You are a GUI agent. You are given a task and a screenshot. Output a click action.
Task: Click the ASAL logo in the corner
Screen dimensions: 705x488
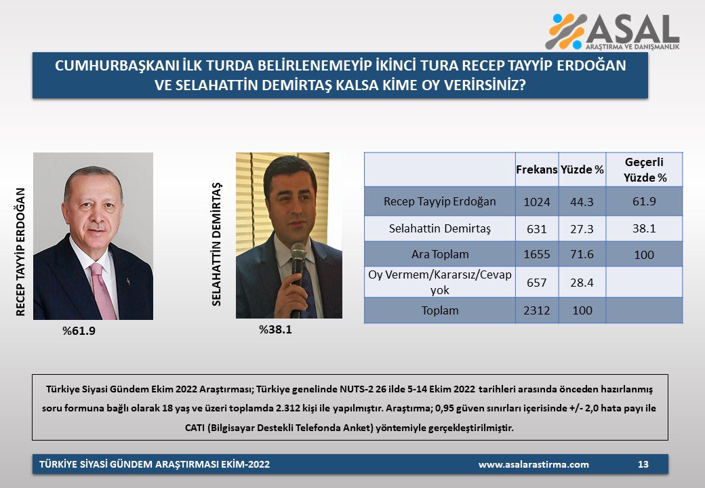612,31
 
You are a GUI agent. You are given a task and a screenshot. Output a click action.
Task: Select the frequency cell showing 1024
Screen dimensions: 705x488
536,202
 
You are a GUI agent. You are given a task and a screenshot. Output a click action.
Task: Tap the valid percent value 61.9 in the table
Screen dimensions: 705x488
644,201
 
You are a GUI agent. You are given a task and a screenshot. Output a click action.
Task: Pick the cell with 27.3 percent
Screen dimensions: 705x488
582,228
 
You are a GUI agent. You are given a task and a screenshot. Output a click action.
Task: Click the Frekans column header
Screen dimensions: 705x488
536,169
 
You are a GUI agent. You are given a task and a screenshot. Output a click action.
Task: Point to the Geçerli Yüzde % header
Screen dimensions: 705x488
644,169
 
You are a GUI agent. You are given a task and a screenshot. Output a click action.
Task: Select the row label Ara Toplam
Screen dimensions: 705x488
440,254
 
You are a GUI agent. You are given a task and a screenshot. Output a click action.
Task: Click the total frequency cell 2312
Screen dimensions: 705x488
536,310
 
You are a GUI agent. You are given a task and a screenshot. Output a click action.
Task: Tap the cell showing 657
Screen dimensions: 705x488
536,283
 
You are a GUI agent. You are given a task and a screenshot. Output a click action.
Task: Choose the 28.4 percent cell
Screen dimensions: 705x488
582,283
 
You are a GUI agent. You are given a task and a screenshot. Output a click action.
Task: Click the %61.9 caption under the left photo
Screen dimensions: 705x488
79,331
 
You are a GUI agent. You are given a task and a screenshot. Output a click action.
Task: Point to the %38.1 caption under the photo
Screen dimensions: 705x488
275,330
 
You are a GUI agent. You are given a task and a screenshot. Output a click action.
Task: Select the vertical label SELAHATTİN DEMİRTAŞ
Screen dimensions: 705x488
217,245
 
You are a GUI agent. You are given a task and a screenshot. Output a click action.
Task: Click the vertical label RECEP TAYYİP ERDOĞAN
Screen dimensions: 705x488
20,251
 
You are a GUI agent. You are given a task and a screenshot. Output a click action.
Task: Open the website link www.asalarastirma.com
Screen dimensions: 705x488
533,465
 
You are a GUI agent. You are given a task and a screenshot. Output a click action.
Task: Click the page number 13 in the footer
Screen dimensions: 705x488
643,464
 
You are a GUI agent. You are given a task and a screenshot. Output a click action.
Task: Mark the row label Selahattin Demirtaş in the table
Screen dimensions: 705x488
440,228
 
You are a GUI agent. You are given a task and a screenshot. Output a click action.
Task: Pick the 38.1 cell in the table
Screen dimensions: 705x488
644,228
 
